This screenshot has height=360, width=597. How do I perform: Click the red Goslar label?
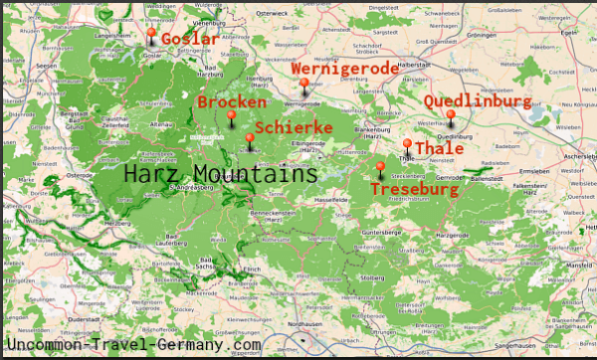tap(189, 39)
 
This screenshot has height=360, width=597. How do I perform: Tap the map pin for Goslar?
tap(151, 35)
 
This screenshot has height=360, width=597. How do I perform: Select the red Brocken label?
tap(231, 102)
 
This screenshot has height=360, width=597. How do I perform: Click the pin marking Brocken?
tap(231, 118)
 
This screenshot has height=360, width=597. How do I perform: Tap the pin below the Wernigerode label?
tap(304, 85)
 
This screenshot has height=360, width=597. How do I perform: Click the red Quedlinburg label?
tap(477, 101)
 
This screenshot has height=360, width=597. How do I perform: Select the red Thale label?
tap(439, 148)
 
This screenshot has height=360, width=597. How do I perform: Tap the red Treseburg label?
tap(414, 188)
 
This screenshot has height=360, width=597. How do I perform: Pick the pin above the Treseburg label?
tap(380, 169)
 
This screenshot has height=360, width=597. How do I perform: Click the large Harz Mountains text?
tap(220, 174)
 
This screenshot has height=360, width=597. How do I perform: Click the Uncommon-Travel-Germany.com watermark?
tap(133, 344)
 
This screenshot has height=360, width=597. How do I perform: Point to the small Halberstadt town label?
tap(412, 65)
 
